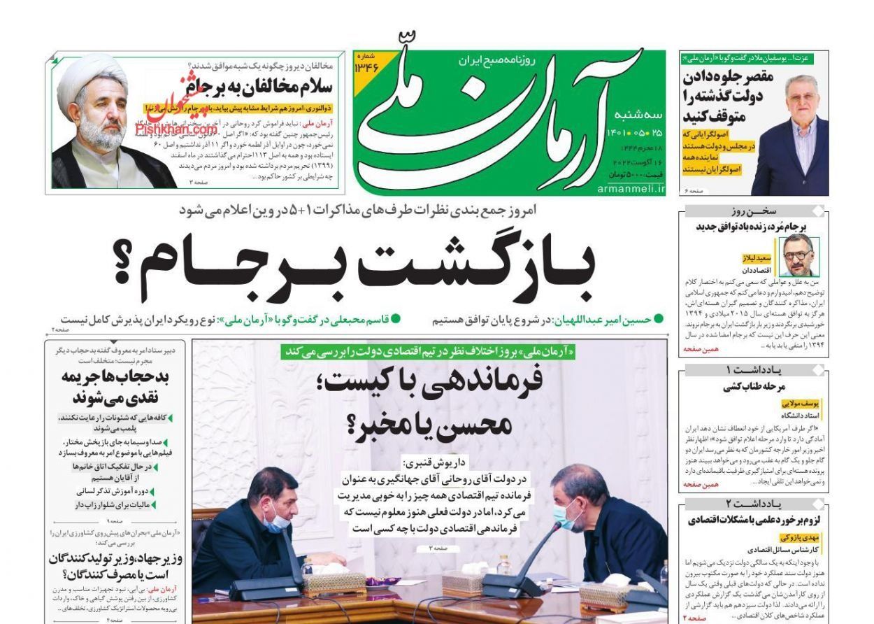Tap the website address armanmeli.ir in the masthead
coord(631,189)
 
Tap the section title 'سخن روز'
coord(752,211)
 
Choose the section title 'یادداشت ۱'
coord(752,370)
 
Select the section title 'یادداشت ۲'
coord(752,504)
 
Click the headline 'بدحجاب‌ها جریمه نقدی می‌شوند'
coord(116,386)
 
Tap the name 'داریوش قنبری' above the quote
coord(431,464)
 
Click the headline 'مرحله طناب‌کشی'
coord(754,386)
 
